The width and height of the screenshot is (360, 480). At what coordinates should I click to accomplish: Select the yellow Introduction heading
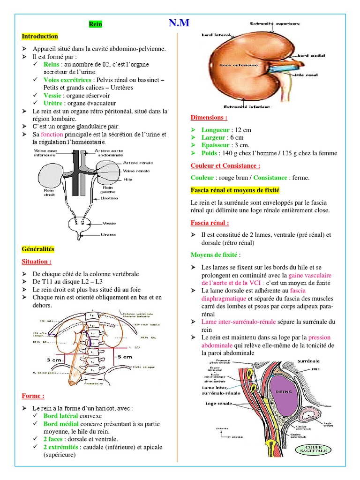pos(40,37)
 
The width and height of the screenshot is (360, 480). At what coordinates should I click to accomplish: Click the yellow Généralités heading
pos(38,248)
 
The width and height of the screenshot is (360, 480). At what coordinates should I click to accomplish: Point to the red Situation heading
pos(37,261)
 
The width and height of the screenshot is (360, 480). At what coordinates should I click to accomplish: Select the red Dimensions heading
pos(209,117)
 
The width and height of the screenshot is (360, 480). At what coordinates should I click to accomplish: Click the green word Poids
pos(209,153)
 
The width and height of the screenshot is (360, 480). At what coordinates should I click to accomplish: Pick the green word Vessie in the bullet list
pos(52,95)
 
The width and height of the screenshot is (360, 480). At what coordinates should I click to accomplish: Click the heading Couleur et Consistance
pos(225,165)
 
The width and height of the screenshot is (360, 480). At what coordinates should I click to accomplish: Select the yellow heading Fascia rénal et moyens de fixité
pos(235,190)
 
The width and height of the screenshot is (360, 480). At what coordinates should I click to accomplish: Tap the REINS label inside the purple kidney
pos(284,392)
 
